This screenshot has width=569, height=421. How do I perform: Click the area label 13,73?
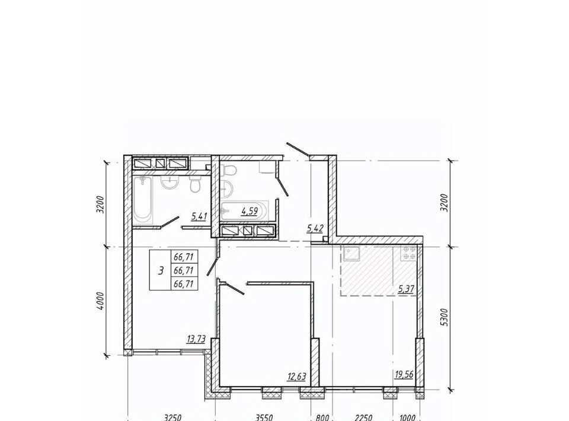pos(196,339)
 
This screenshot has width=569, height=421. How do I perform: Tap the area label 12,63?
pos(296,377)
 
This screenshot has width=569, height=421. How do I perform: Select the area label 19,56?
pos(404,375)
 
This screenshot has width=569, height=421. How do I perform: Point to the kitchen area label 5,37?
pos(406,289)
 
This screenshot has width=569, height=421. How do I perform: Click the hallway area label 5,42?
pos(315,228)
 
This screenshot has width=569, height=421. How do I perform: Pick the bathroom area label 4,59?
pos(250,211)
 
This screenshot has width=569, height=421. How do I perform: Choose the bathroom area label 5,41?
pos(199,217)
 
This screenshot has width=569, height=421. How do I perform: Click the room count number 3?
pos(161,271)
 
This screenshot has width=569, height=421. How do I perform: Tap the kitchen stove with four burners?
pos(409,253)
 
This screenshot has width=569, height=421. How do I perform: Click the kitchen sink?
pos(351,254)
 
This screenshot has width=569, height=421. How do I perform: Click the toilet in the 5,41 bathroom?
pos(195,185)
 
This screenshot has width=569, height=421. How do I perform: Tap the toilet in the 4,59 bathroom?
pos(228,169)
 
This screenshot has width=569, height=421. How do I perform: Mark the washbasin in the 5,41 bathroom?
pos(168,183)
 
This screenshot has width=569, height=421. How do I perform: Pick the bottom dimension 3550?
pos(264,417)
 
